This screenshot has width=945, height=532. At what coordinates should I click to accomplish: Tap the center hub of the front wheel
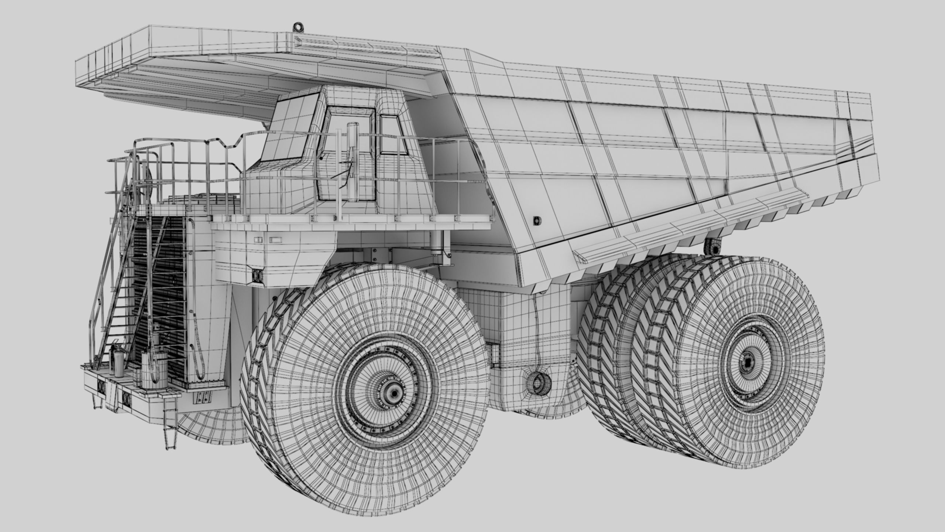pos(394,394)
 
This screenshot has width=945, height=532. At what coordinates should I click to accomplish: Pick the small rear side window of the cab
pos(394,135)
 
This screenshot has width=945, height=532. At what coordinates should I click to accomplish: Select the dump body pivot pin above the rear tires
pos(712,247)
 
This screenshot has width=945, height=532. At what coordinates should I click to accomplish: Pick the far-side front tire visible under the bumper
pos(210,425)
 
